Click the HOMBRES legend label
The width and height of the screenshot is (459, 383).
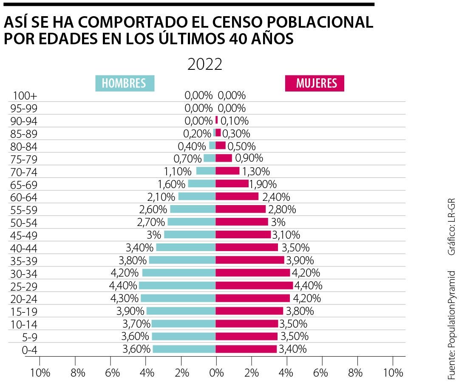pos(124,83)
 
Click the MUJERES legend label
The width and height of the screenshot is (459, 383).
pos(314,83)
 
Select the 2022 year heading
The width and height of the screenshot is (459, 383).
pos(205,64)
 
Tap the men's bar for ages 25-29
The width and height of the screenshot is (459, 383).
pos(177,285)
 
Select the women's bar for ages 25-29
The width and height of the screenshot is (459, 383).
pos(254,285)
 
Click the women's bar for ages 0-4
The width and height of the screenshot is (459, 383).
pos(246,349)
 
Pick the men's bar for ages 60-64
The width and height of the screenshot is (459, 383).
pos(197,197)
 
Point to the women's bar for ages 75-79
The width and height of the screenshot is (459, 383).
pos(224,158)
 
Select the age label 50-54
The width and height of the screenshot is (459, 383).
pos(24,222)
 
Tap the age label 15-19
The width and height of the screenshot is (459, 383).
pos(24,311)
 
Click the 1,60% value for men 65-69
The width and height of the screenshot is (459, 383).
pos(172,184)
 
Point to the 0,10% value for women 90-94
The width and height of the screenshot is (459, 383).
pos(235,120)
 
